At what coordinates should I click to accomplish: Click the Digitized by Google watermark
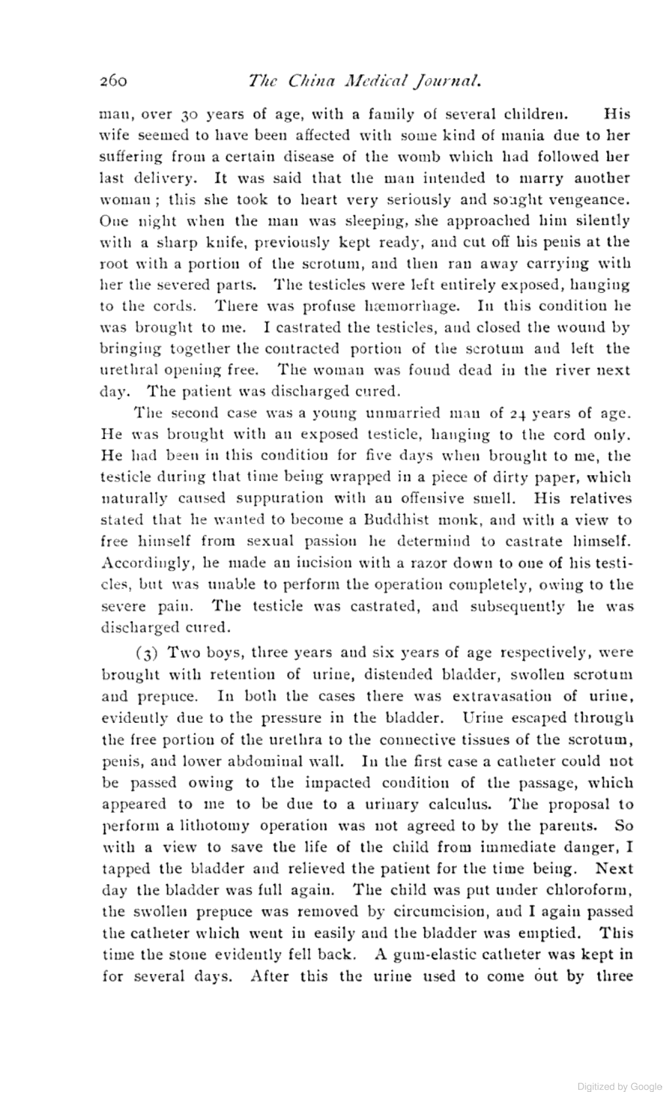[x=620, y=1087]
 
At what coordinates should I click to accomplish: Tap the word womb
[x=441, y=157]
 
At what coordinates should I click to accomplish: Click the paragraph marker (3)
[x=146, y=653]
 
